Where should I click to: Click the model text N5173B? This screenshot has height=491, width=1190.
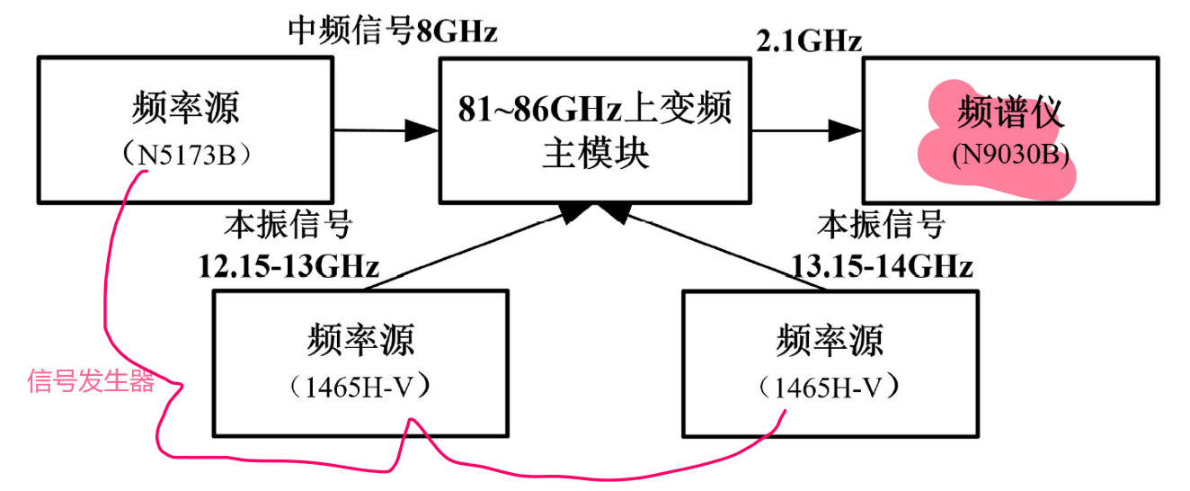click(x=186, y=155)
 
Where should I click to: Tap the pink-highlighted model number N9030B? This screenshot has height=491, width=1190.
click(x=1009, y=155)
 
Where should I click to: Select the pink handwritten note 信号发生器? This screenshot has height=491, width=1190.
click(x=91, y=381)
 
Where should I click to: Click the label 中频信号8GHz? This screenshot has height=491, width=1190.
click(x=392, y=32)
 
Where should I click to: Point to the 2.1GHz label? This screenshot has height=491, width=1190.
click(x=811, y=40)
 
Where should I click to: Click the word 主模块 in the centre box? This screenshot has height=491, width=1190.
click(x=595, y=154)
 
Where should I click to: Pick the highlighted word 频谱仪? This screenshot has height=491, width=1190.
click(x=1010, y=112)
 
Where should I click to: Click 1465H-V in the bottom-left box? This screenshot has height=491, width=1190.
click(x=360, y=388)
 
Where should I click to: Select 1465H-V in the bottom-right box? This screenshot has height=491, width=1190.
click(x=828, y=388)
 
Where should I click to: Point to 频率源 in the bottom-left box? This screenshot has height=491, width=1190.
click(x=360, y=342)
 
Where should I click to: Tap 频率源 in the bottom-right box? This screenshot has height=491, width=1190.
click(x=828, y=342)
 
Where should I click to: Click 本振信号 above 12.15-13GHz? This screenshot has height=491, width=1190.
click(x=288, y=225)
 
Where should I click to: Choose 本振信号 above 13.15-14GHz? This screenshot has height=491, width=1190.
click(x=881, y=225)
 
